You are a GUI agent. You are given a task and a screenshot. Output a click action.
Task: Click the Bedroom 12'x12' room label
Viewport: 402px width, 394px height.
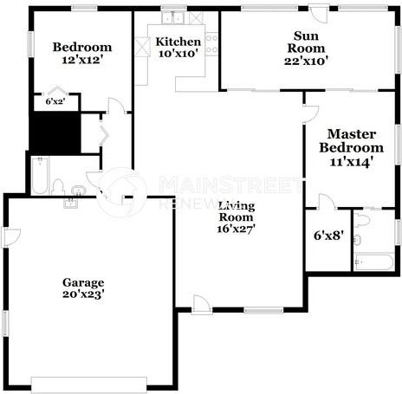[x=82, y=54]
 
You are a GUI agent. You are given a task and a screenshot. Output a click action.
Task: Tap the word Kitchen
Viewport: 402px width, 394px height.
[x=178, y=42]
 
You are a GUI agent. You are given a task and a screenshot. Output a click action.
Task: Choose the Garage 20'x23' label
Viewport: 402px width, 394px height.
[x=83, y=288]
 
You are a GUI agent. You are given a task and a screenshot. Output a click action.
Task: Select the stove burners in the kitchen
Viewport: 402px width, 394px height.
[x=211, y=44]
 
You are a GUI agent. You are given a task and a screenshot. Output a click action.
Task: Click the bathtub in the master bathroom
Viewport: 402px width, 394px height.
[x=374, y=261]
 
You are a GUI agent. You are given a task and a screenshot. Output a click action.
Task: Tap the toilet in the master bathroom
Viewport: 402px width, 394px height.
[x=362, y=222]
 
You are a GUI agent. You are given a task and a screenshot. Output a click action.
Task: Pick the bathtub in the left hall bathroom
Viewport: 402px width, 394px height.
[x=39, y=176]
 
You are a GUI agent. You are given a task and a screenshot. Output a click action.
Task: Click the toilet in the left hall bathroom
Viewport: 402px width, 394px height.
[x=59, y=187]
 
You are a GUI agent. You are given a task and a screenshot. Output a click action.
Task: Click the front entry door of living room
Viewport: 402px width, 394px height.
[x=201, y=304]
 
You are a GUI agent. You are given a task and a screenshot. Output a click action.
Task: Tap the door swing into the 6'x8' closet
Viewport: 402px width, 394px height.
[x=327, y=203]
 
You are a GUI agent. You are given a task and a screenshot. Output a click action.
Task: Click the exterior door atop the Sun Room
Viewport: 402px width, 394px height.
[x=320, y=15]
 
